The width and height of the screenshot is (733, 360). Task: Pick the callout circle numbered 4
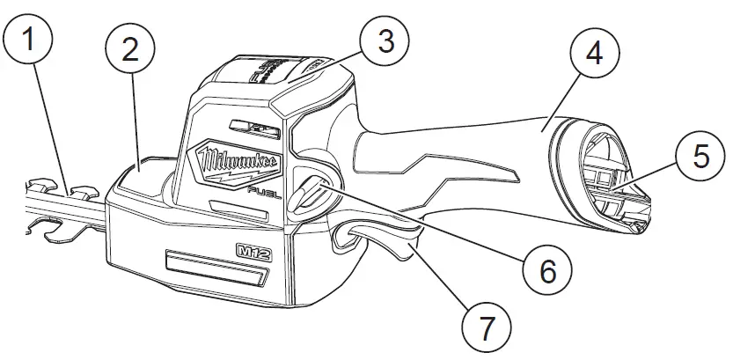(x=594, y=52)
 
